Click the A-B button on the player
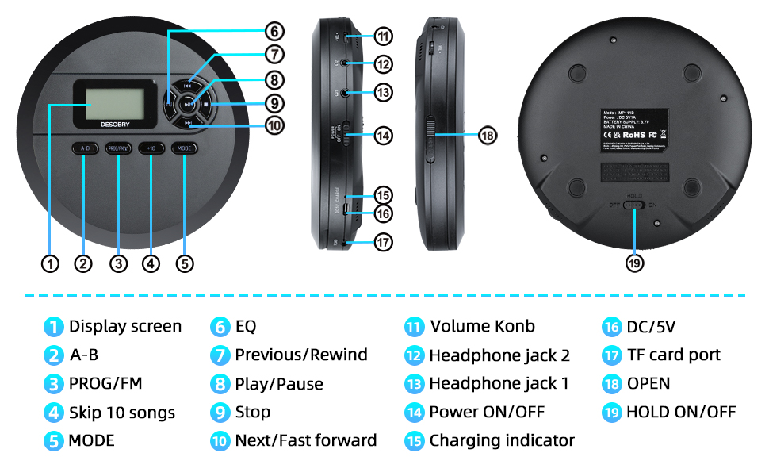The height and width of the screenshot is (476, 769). tap(85, 148)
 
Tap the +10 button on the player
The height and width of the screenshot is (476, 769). tap(151, 148)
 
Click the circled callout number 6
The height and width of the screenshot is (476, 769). tap(274, 32)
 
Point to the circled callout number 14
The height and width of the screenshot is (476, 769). tap(384, 136)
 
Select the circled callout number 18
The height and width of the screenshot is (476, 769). tap(488, 136)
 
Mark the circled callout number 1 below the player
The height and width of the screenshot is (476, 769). tap(51, 263)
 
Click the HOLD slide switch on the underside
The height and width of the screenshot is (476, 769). tap(634, 205)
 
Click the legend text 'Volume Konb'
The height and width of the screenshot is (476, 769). tap(482, 326)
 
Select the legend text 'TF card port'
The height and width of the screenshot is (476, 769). tap(673, 355)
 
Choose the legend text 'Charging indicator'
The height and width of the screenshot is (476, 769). tap(502, 440)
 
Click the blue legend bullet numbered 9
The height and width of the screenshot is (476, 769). tap(220, 413)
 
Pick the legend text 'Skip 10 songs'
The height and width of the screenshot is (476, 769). tap(122, 413)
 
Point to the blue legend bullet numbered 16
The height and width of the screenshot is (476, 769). tap(610, 327)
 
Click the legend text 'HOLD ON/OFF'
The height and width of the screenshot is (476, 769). tap(681, 412)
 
